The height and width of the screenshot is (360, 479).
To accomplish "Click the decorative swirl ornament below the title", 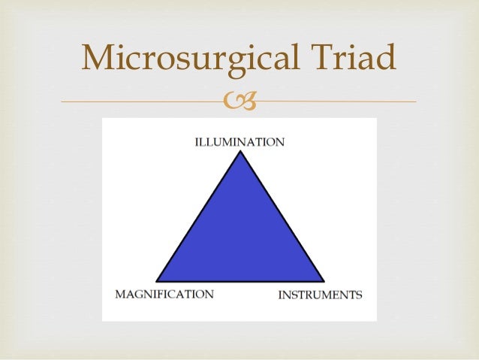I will click(x=239, y=101).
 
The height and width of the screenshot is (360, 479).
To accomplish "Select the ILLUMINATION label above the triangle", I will click(x=240, y=142).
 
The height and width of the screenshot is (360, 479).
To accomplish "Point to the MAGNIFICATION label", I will click(x=164, y=294).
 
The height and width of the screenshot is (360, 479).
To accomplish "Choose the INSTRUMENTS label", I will click(x=320, y=295).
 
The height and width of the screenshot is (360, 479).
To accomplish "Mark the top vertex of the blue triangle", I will click(x=240, y=153).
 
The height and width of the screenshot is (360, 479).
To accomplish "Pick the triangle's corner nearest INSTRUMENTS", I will click(x=323, y=281).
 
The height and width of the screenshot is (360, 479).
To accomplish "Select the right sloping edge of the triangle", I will click(x=282, y=216).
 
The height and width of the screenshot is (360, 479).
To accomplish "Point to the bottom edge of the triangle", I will click(x=240, y=282).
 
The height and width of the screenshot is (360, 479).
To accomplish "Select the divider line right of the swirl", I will click(x=338, y=101).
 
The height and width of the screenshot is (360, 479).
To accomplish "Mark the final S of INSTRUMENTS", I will click(x=359, y=295).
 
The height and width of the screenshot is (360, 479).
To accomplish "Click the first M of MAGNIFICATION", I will click(x=120, y=294).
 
